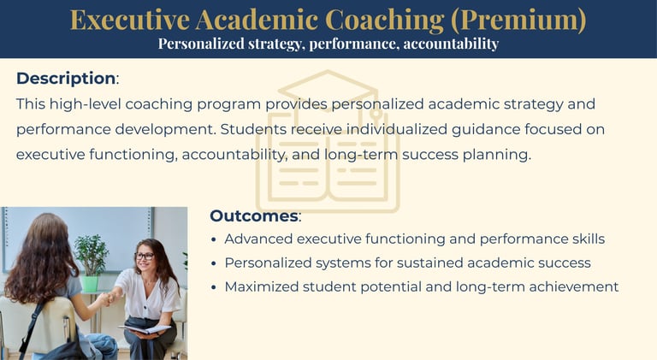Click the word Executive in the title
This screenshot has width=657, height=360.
tap(129, 20)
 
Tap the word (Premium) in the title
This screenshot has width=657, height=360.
tap(518, 20)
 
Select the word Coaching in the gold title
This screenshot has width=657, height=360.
tap(384, 20)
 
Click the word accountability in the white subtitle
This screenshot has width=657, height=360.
tap(451, 44)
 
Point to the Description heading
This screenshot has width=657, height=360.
tap(66, 79)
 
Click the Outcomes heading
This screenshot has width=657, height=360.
tap(254, 216)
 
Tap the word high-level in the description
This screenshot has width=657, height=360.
tap(86, 103)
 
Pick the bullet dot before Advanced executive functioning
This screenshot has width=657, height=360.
tap(214, 240)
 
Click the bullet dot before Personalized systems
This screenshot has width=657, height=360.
tap(214, 263)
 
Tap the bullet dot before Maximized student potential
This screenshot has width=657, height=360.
tap(214, 287)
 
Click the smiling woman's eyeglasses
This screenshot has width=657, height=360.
tap(145, 256)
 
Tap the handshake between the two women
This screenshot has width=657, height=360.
tap(107, 298)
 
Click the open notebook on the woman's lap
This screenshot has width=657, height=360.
tap(145, 329)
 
